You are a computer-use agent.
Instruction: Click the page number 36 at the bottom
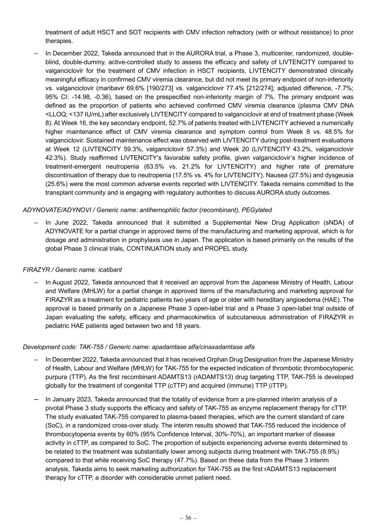(x=188, y=518)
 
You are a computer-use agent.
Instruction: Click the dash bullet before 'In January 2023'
(x=36, y=399)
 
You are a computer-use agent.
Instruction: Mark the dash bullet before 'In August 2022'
(x=36, y=282)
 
